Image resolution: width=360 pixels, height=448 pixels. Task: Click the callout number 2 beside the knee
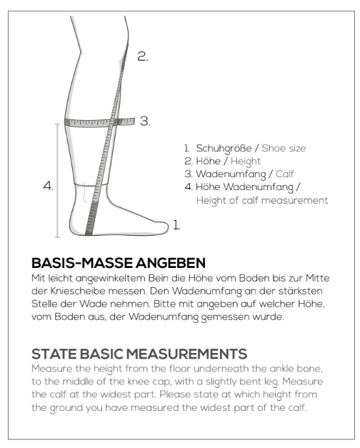pos(143,56)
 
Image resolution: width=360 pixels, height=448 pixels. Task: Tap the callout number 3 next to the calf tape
pos(145,121)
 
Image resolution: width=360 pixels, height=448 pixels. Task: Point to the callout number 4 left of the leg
pos(49,186)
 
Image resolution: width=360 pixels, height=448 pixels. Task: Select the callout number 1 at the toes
pos(176,225)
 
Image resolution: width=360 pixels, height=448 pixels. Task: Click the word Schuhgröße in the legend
pos(224,149)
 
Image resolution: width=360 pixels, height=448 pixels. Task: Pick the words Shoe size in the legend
pos(284,148)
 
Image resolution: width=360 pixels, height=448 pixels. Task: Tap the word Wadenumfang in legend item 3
pos(231,174)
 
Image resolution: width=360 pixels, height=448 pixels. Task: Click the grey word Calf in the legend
pos(284,174)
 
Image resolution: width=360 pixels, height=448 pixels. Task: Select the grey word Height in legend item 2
pos(246,161)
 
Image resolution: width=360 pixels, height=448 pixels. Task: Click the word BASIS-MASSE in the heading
pos(82,263)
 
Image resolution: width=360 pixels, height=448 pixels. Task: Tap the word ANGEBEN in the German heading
pos(171,263)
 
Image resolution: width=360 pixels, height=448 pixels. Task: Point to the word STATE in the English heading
pos(54,354)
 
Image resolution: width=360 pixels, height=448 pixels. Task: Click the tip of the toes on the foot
pos(168,227)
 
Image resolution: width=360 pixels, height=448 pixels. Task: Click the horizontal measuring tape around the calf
pos(99,122)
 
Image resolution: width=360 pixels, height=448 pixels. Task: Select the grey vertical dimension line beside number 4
pos(58,181)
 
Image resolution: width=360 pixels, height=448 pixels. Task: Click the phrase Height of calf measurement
pos(262,200)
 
